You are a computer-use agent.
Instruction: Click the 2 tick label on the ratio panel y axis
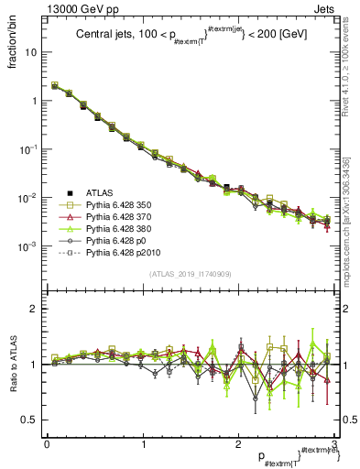(32, 309)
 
